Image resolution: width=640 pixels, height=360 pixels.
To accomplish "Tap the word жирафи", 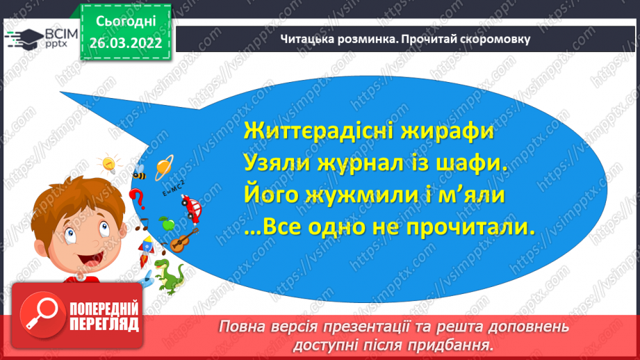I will [x=452, y=132].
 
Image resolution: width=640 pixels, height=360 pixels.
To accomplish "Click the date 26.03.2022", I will [x=124, y=43].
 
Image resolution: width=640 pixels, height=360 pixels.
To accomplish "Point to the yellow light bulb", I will [x=109, y=164].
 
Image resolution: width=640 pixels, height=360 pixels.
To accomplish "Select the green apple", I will [x=165, y=224].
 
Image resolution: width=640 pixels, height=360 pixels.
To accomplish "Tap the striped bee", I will [x=138, y=172].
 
